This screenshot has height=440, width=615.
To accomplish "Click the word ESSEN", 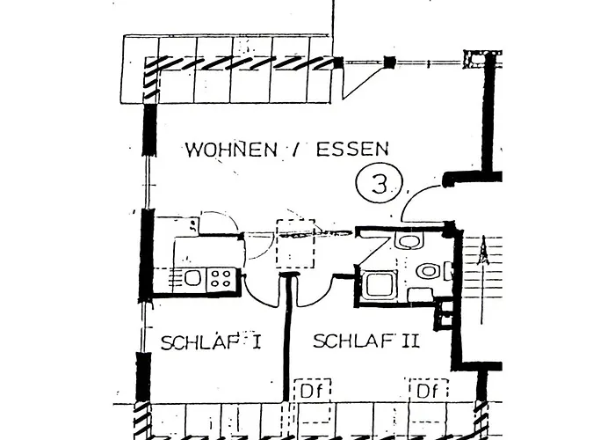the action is click(352, 149).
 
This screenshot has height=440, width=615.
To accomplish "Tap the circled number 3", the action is click(380, 183).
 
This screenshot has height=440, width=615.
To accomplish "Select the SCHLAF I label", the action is click(211, 342).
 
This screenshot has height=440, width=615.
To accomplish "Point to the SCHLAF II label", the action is click(366, 341).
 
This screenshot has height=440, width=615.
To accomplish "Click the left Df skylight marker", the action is click(312, 391).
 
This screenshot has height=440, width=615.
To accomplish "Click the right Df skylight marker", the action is click(427, 391).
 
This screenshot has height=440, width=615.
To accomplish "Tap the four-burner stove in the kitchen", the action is click(221, 279).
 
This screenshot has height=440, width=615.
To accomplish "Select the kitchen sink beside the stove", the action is click(192, 278).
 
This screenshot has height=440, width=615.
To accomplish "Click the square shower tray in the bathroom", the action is click(377, 285).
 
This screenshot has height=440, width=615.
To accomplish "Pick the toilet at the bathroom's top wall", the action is click(409, 240).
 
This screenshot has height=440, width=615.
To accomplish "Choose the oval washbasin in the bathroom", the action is click(428, 271).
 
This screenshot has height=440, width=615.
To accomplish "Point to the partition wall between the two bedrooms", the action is click(289, 339).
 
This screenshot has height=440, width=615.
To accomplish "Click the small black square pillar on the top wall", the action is click(389, 62).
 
